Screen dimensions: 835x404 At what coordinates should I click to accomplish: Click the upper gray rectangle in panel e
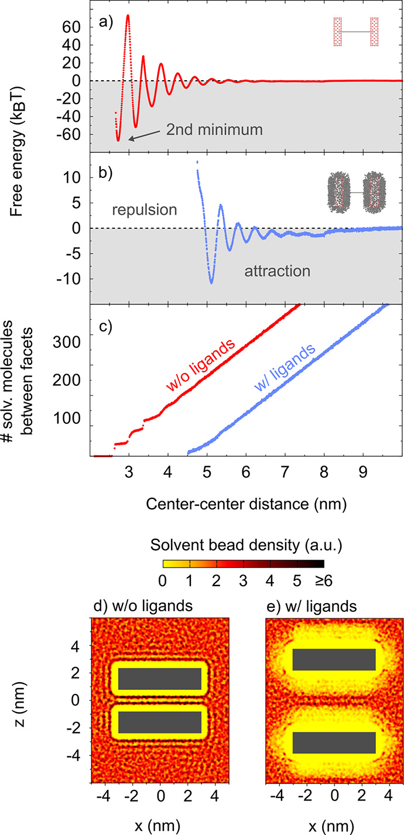tap(334, 659)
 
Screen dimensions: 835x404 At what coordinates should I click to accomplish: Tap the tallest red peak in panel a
tap(128, 16)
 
